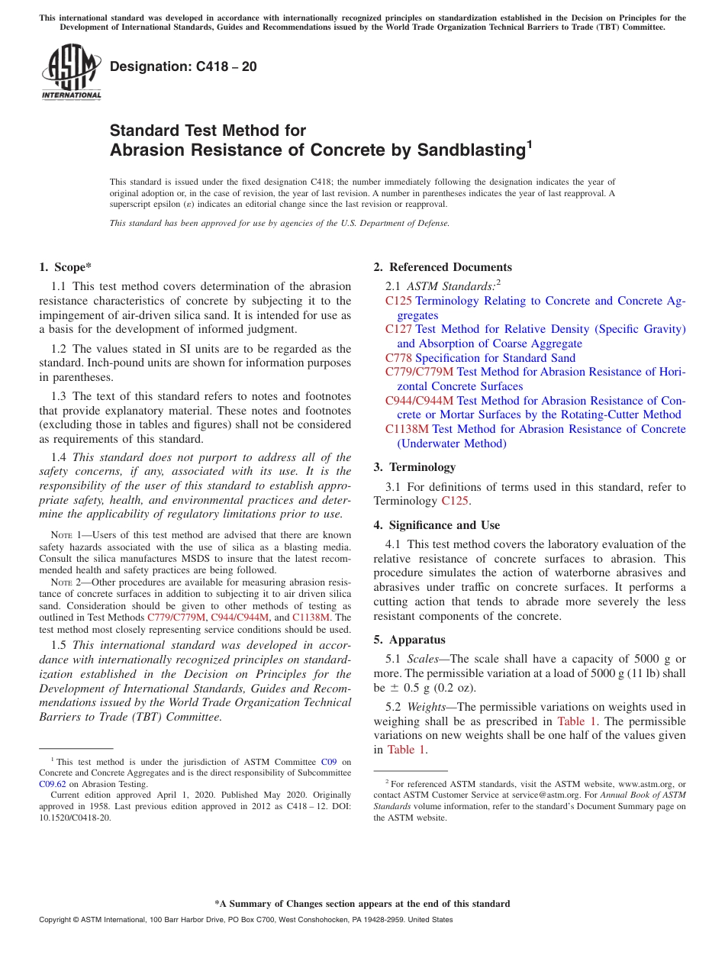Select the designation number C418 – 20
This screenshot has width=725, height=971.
point(183,66)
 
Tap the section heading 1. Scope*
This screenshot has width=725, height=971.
point(65,267)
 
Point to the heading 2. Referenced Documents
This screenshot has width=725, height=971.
point(443,267)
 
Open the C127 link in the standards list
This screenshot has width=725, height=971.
point(398,329)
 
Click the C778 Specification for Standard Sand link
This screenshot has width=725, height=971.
point(480,358)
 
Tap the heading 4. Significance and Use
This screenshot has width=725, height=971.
point(437,525)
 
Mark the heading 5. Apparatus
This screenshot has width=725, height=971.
point(409,640)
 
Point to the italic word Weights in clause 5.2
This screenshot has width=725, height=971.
point(426,707)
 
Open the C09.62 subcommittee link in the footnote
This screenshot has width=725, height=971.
point(53,782)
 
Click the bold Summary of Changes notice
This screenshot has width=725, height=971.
point(362,904)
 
